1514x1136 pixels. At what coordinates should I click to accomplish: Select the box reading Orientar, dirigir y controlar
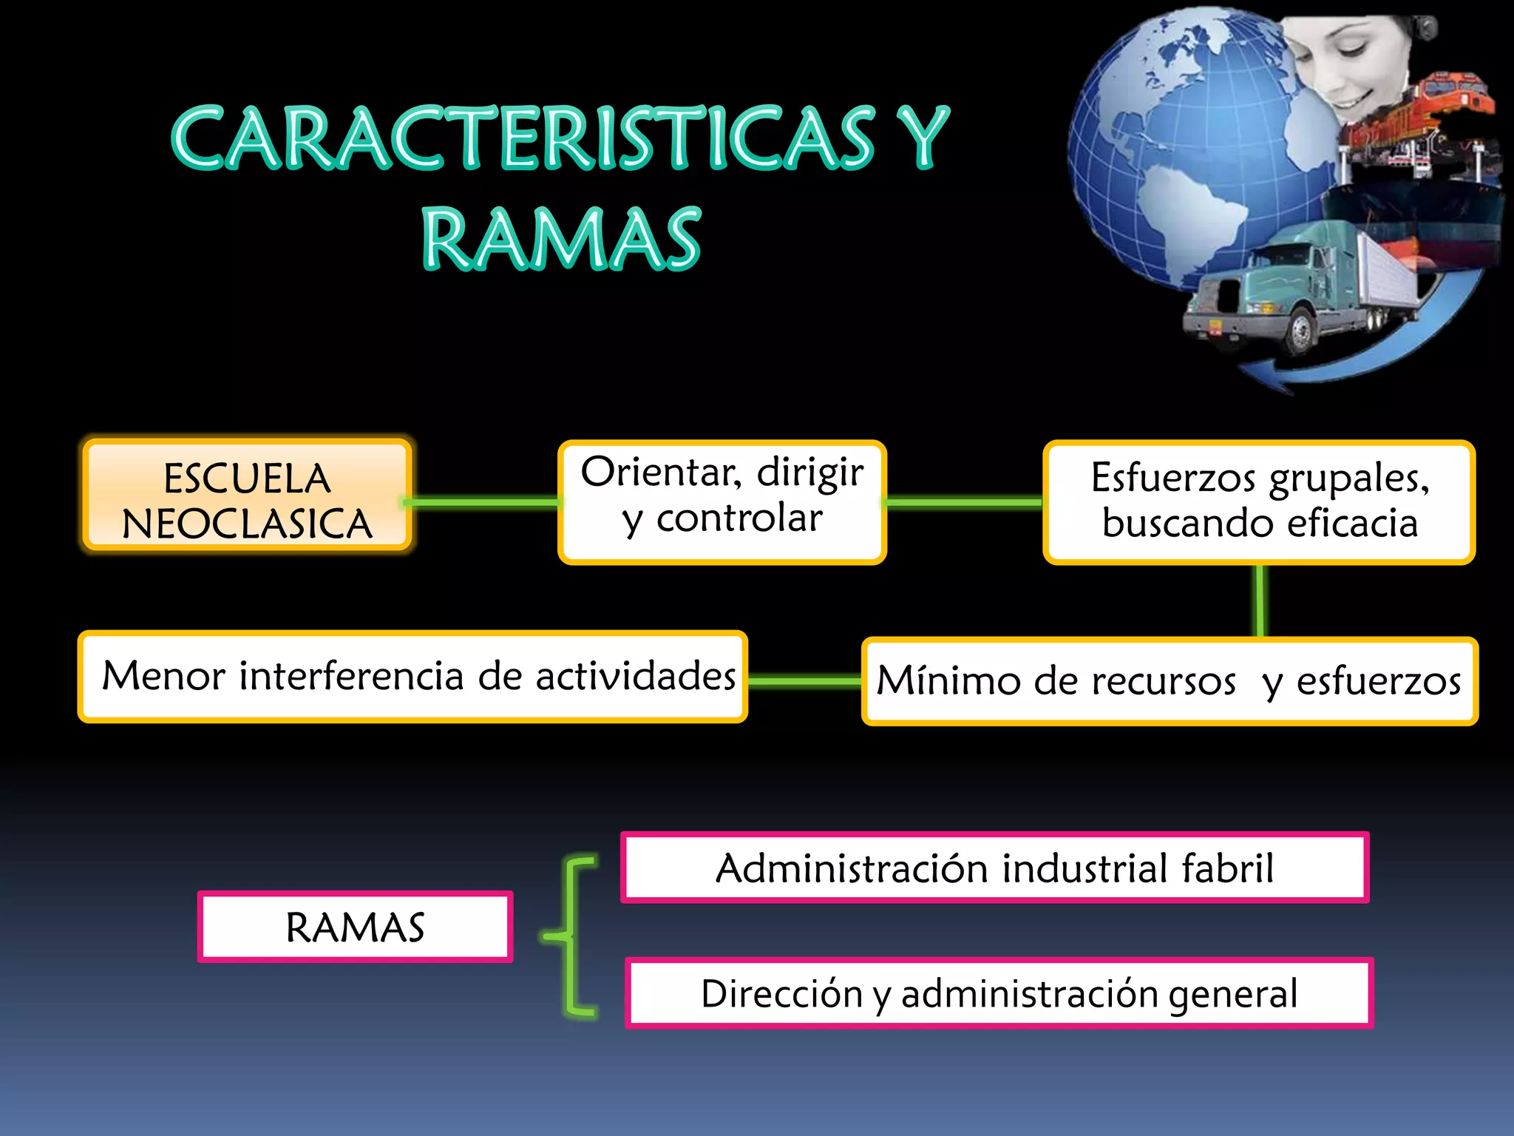pos(722,502)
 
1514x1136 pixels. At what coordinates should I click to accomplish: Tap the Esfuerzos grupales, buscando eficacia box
pos(1259,502)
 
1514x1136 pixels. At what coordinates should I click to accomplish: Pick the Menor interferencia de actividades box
pos(413,676)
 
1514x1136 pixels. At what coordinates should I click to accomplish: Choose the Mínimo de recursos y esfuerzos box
pos(1170,680)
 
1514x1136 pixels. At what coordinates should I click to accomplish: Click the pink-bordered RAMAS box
pos(355,927)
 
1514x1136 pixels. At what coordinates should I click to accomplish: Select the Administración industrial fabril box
pos(994,868)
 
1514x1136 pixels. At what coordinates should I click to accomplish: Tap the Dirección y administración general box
pos(999,993)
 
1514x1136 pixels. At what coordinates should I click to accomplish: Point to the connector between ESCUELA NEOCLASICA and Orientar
pos(484,503)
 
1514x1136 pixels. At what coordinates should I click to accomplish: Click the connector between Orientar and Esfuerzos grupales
pos(964,503)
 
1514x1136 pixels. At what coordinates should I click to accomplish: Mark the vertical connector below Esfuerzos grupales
pos(1260,601)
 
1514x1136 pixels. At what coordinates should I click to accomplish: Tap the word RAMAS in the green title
pos(561,238)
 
